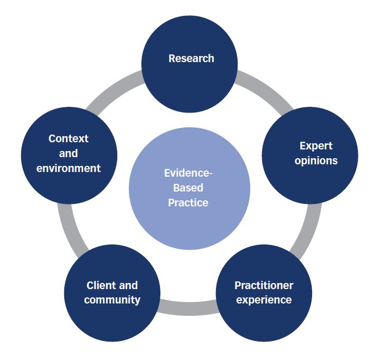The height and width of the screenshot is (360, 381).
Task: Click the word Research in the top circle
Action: (191, 59)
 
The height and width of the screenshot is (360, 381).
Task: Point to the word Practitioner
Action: (264, 285)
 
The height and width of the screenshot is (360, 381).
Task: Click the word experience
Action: (264, 299)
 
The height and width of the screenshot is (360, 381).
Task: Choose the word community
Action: (112, 300)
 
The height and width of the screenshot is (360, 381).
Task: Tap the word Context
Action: (68, 139)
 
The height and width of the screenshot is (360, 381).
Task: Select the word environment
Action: (68, 168)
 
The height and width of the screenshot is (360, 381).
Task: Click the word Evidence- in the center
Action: (189, 173)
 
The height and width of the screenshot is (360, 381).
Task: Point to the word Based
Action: (189, 187)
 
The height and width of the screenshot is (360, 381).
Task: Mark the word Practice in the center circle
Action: (189, 202)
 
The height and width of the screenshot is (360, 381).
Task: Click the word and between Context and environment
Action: (68, 153)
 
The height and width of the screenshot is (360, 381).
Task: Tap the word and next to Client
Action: (128, 285)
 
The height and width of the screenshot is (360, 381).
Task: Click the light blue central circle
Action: (189, 226)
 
